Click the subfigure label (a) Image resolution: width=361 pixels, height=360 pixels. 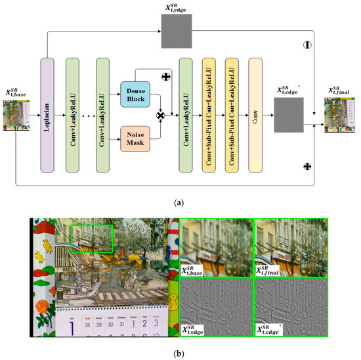pyautogui.click(x=180, y=205)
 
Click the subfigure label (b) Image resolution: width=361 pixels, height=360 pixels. pyautogui.click(x=180, y=353)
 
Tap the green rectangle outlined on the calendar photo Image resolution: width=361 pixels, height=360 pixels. pyautogui.click(x=91, y=238)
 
